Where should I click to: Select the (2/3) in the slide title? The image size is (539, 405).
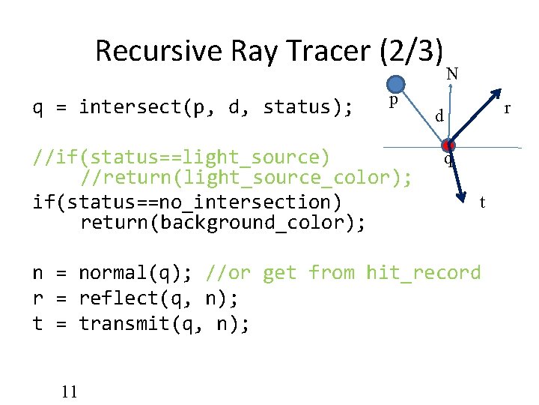click(x=412, y=51)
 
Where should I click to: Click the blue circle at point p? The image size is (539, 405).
click(x=396, y=85)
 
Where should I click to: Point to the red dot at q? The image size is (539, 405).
click(x=448, y=145)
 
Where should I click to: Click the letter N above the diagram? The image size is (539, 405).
click(x=452, y=73)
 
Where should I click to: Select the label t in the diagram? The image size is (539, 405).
click(x=483, y=202)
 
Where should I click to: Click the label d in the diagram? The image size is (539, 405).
click(x=442, y=116)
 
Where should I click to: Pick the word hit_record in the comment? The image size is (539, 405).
click(x=423, y=272)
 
